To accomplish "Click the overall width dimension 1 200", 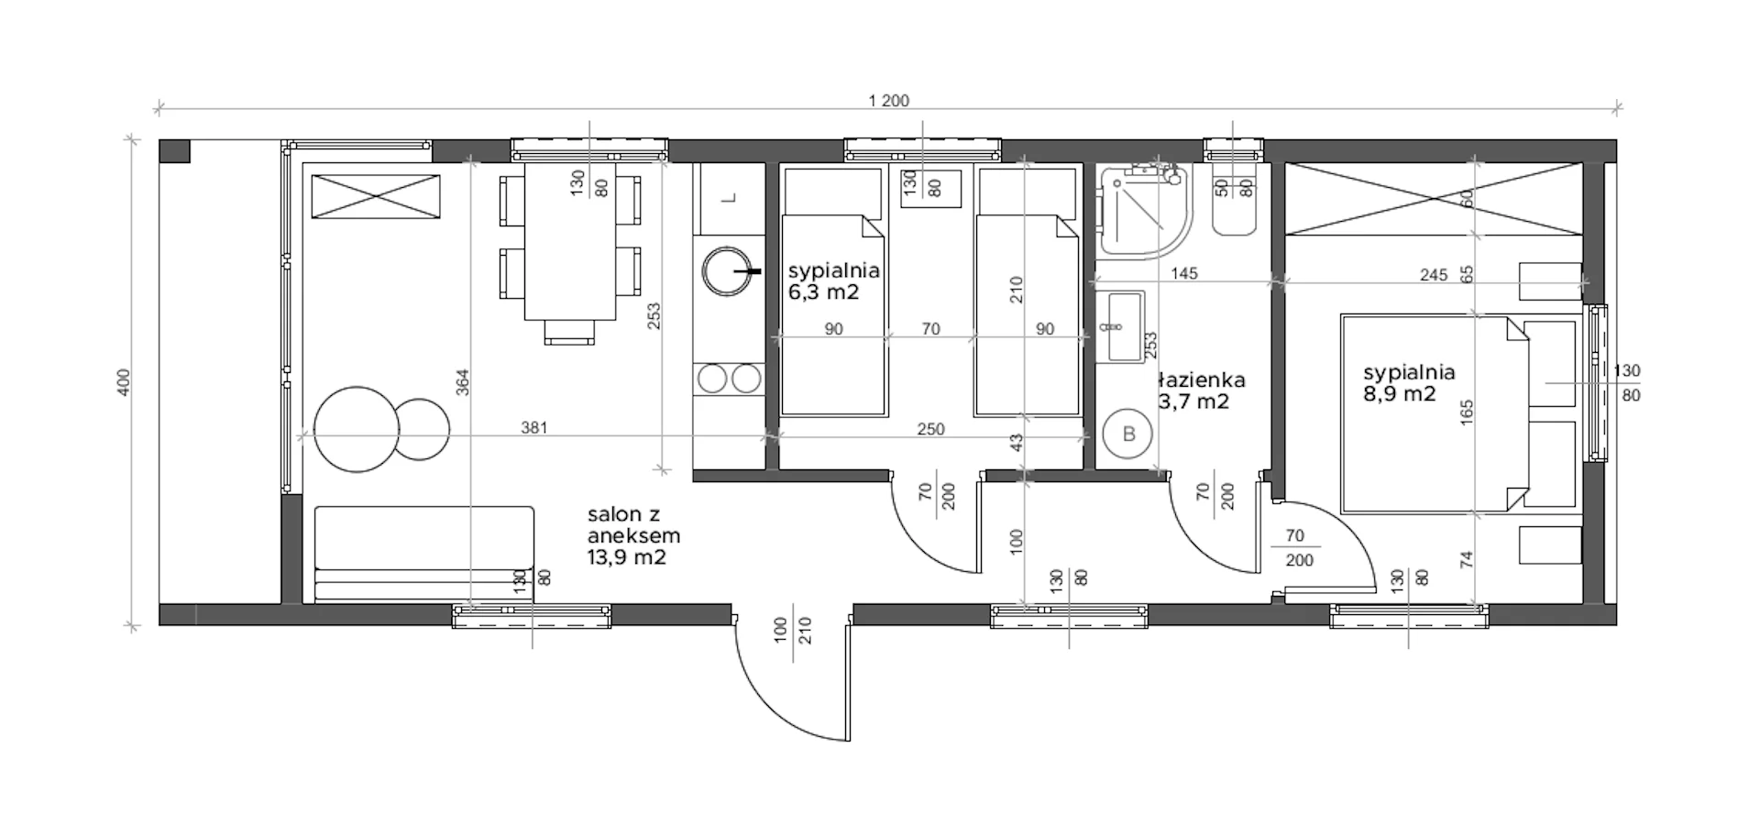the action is tap(888, 101).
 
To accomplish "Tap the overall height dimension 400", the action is tap(125, 382).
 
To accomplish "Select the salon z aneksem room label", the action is tap(633, 536).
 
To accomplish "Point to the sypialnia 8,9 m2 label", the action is tap(1409, 383).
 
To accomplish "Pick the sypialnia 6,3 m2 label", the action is tap(833, 281).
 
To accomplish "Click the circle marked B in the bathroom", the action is tap(1129, 434).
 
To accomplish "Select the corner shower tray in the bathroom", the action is tap(1145, 210).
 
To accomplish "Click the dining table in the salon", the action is tap(569, 242).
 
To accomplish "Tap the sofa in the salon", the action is tap(423, 554).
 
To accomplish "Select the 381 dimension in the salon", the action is tap(534, 427).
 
